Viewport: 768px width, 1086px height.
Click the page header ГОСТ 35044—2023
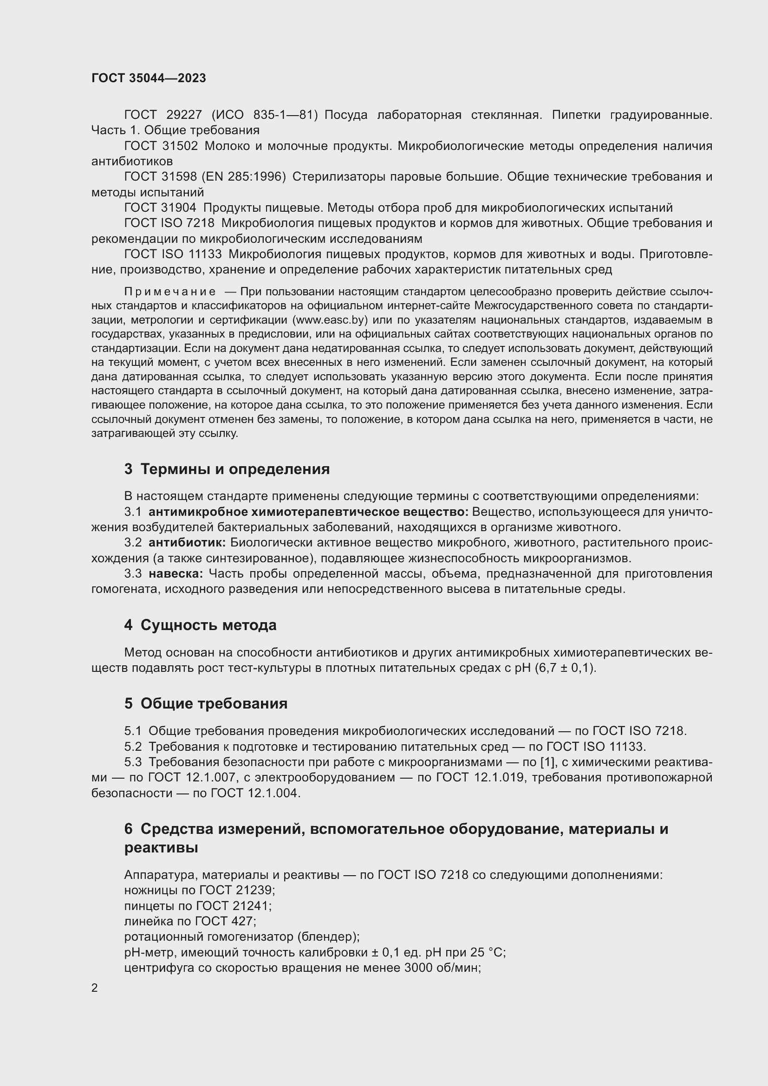tap(149, 78)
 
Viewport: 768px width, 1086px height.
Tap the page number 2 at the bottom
tap(95, 988)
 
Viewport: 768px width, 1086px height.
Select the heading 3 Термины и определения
tap(227, 469)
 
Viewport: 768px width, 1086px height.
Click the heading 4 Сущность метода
tap(200, 625)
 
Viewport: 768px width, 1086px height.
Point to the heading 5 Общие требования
tap(206, 704)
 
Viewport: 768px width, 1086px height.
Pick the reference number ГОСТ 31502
tap(161, 146)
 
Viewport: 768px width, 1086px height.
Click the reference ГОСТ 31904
tap(161, 208)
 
